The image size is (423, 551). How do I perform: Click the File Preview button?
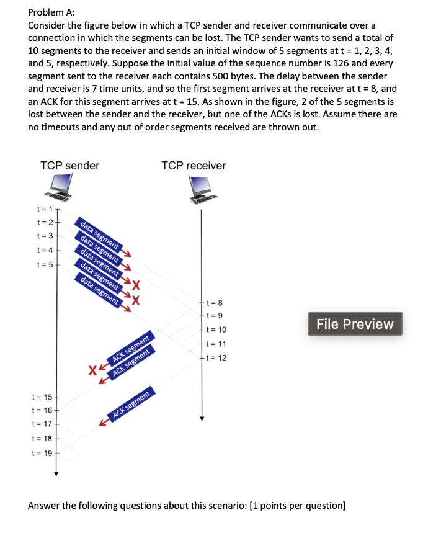pos(355,324)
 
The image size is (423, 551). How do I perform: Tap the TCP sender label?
pos(69,166)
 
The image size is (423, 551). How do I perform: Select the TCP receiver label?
pos(194,166)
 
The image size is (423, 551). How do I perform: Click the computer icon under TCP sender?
pos(61,187)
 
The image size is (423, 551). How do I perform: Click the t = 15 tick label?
pos(42,396)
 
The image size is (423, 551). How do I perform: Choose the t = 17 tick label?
pos(42,424)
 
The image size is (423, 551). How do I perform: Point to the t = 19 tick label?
pos(42,453)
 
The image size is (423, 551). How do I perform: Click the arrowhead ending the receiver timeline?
pos(201,418)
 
